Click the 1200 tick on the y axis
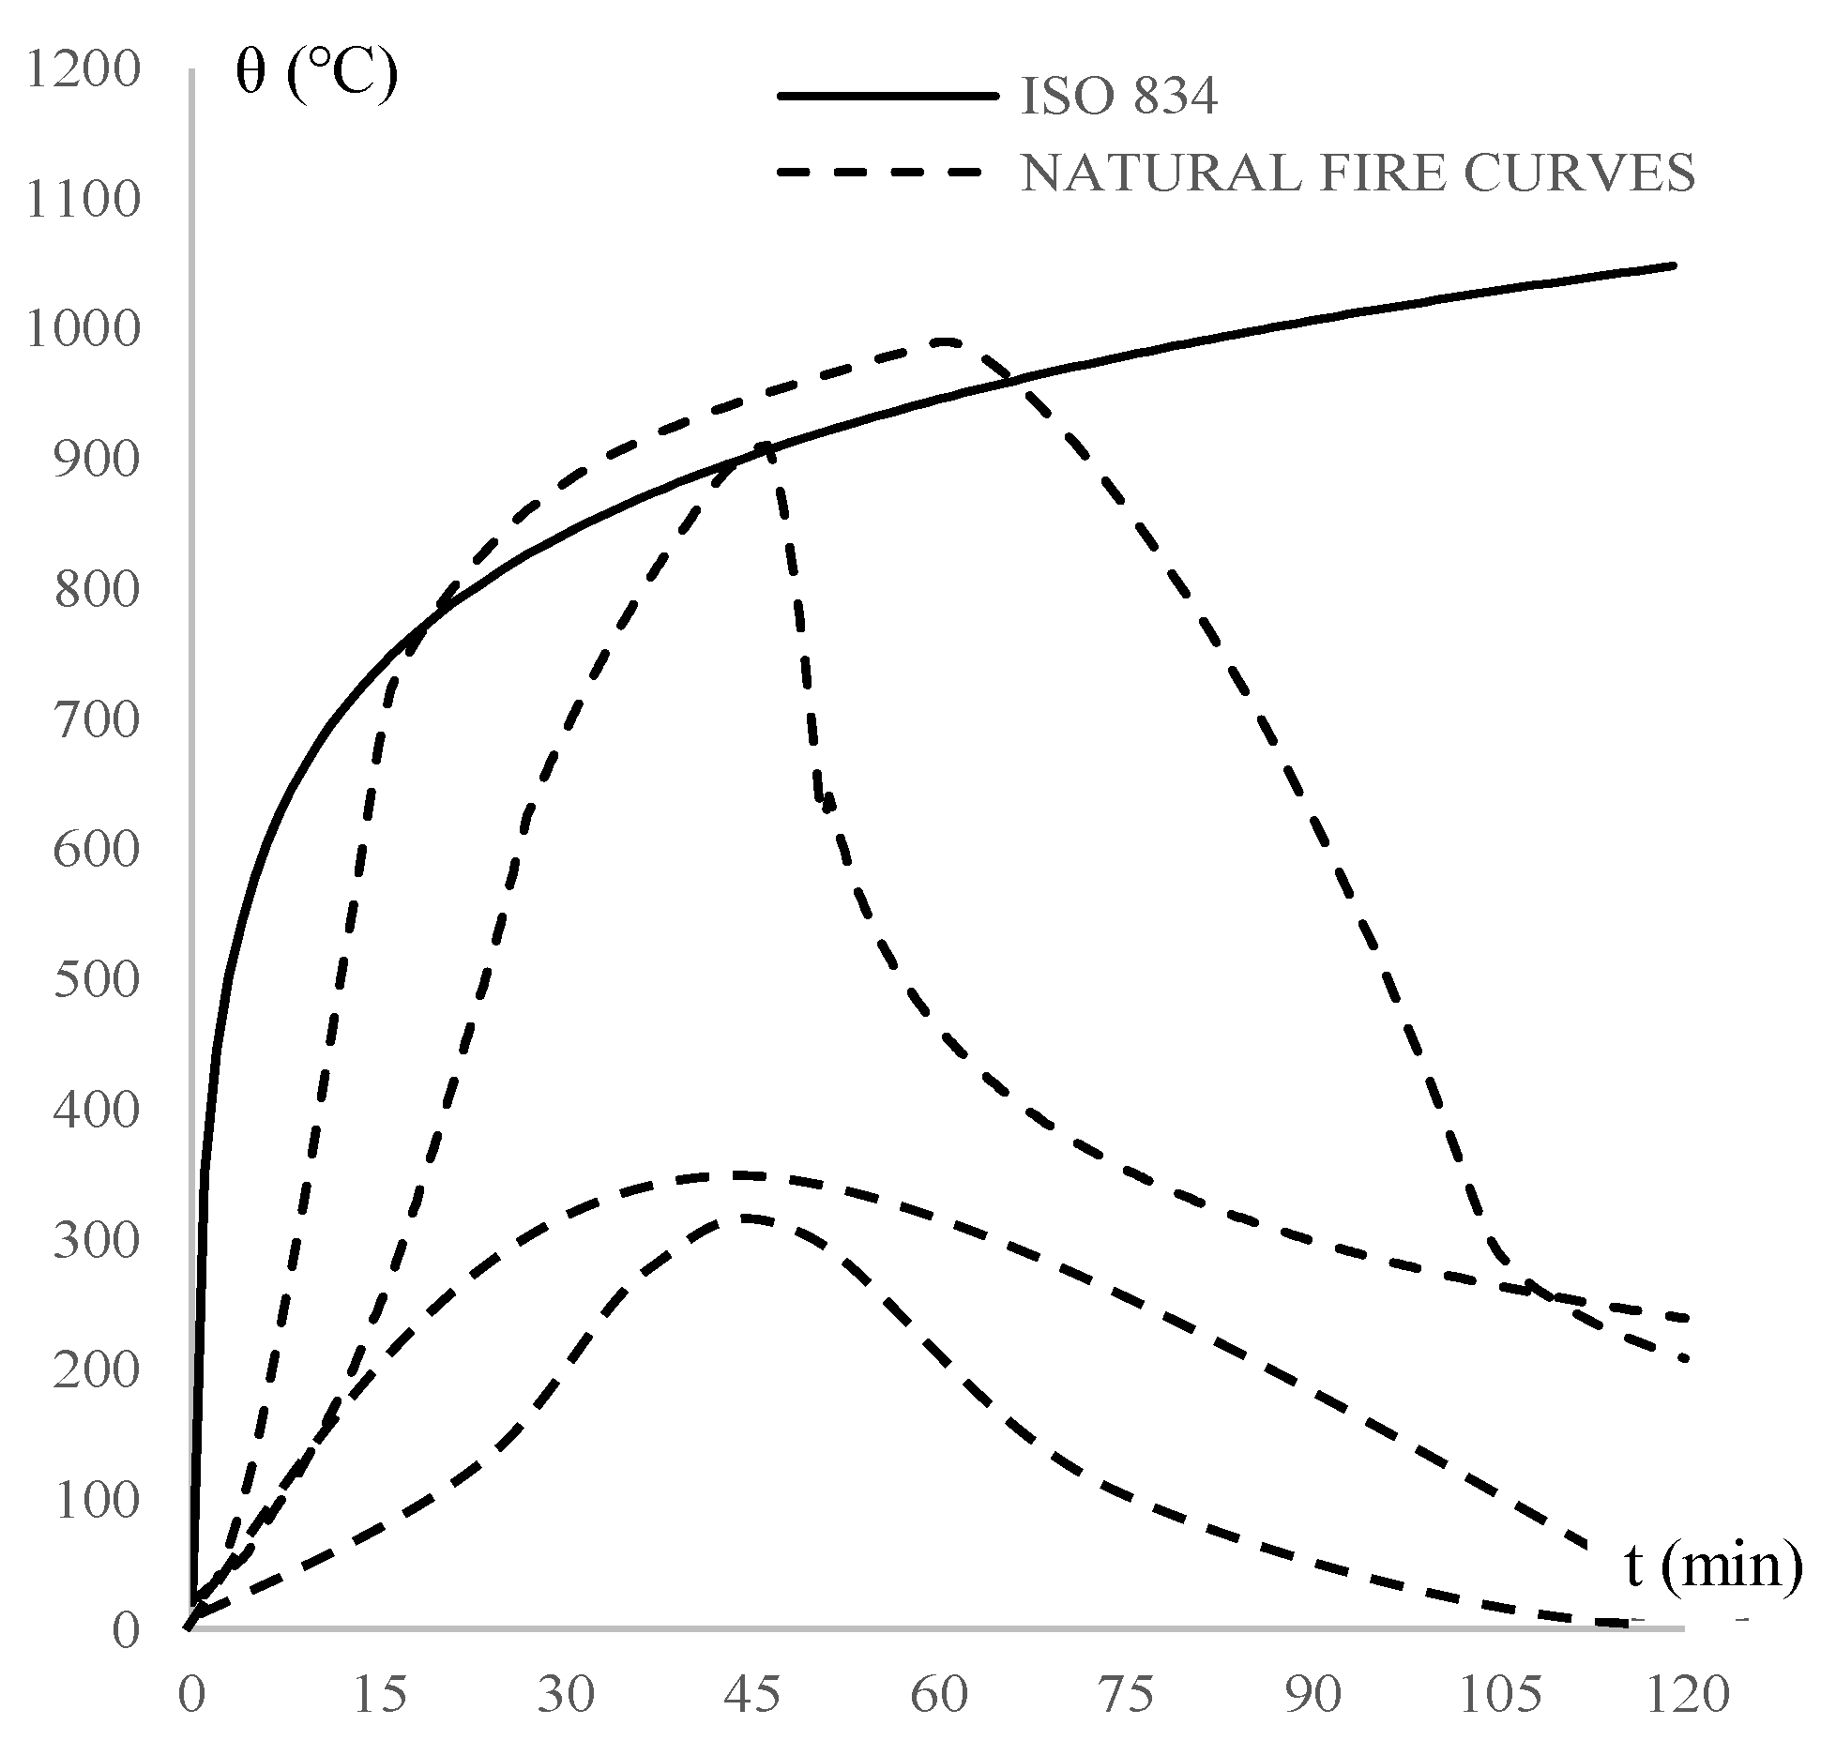tap(83, 69)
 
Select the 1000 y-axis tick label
tap(83, 330)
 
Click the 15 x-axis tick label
tap(380, 1694)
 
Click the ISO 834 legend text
tap(1118, 97)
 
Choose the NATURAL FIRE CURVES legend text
tap(1358, 173)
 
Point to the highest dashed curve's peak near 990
tap(948, 341)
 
